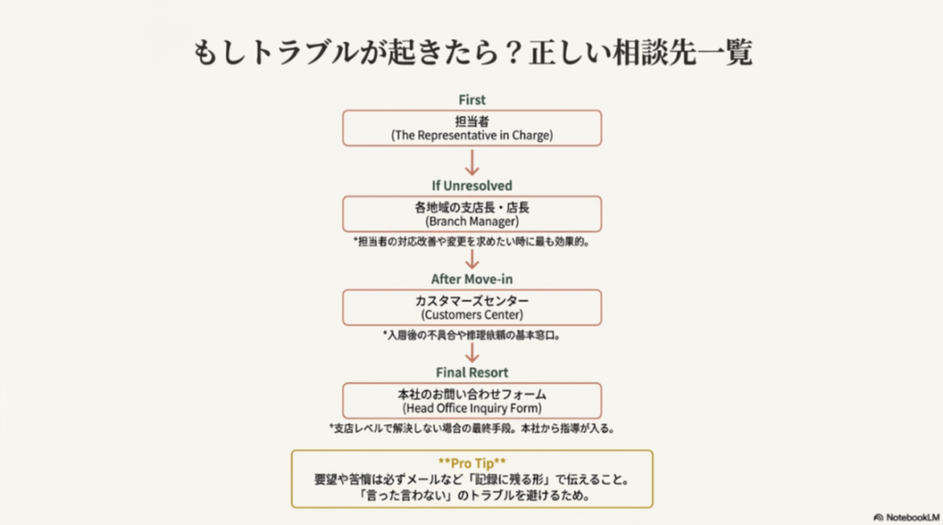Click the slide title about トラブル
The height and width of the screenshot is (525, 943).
tap(471, 52)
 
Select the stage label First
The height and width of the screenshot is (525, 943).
tap(471, 99)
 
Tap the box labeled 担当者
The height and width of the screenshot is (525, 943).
tap(471, 128)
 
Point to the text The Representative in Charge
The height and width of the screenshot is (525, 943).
tap(471, 135)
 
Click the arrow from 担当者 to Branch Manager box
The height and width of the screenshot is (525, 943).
tap(472, 162)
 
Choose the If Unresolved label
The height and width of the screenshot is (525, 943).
tap(471, 185)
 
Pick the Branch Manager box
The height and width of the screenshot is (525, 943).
tap(471, 214)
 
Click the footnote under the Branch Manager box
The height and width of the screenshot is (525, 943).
tap(471, 242)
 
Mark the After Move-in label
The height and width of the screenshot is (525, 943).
tap(471, 278)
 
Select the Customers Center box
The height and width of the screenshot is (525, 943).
tap(471, 308)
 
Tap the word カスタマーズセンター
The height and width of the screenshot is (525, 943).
tap(471, 300)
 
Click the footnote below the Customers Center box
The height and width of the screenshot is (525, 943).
tap(471, 335)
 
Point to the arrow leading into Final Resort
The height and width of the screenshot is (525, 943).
tap(472, 353)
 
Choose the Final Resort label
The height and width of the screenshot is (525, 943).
tap(471, 372)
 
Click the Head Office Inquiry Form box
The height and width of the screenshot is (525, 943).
tap(471, 401)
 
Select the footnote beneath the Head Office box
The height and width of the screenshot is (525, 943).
tap(471, 428)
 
